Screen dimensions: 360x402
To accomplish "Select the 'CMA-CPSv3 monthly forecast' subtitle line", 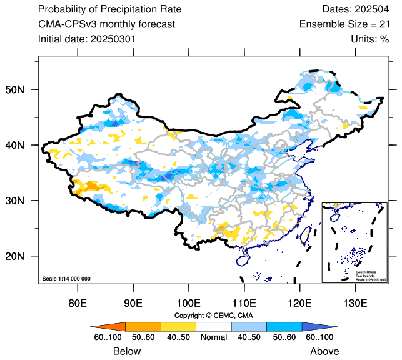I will (106, 24).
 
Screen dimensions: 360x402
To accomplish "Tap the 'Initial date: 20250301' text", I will (88, 39).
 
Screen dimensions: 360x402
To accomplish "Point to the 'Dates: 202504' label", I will (354, 9).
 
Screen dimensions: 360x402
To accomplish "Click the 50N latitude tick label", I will (24, 89).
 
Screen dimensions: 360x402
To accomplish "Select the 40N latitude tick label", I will (24, 145).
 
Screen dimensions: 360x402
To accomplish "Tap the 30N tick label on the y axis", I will (24, 201).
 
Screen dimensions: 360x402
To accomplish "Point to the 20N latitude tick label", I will (24, 256).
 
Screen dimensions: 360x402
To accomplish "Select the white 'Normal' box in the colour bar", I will (214, 326).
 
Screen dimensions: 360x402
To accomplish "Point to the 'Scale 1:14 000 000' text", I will (66, 278).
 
